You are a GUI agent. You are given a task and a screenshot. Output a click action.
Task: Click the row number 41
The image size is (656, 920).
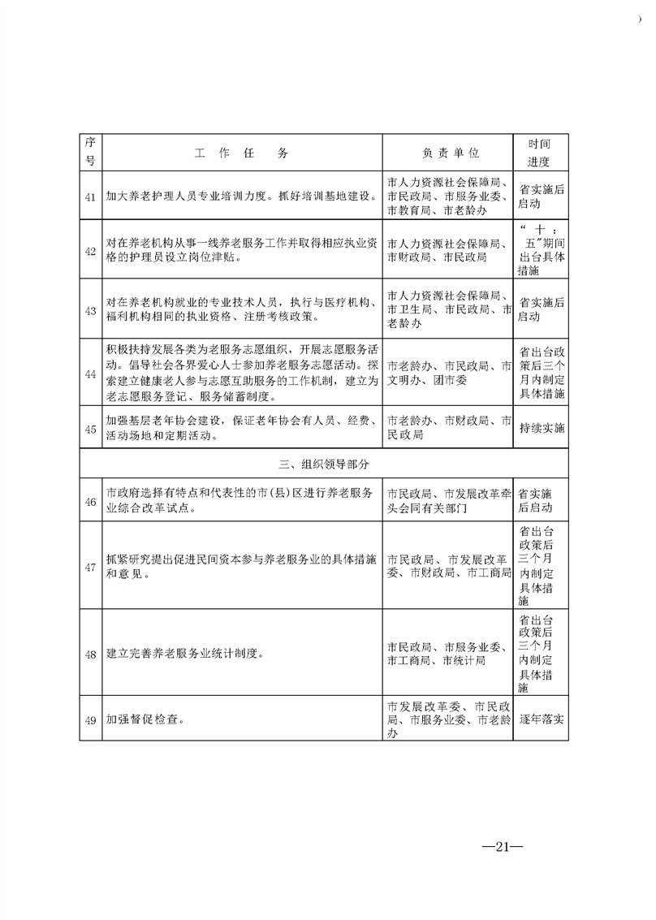(x=91, y=196)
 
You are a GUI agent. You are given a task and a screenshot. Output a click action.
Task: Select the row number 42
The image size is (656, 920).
(x=91, y=250)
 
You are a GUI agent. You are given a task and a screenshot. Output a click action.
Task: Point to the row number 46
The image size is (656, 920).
(x=91, y=500)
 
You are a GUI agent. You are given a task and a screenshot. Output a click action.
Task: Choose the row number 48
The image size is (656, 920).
(x=91, y=654)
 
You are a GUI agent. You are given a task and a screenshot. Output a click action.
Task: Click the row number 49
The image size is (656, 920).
(x=91, y=719)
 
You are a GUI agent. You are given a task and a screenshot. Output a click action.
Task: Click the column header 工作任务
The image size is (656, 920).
(x=242, y=153)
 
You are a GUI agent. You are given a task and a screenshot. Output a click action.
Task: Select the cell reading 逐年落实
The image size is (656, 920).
(x=542, y=719)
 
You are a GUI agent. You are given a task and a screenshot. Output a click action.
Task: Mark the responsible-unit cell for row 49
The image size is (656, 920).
(x=448, y=719)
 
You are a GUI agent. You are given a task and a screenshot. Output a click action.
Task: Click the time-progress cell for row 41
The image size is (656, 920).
(x=541, y=196)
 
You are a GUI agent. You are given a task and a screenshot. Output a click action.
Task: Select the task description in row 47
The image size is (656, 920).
(x=242, y=566)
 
